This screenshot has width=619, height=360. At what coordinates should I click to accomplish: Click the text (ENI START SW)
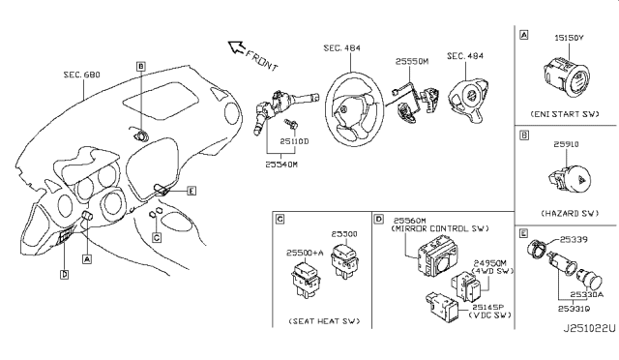coord(565,115)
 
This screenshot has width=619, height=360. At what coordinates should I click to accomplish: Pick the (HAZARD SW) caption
coord(564,211)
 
